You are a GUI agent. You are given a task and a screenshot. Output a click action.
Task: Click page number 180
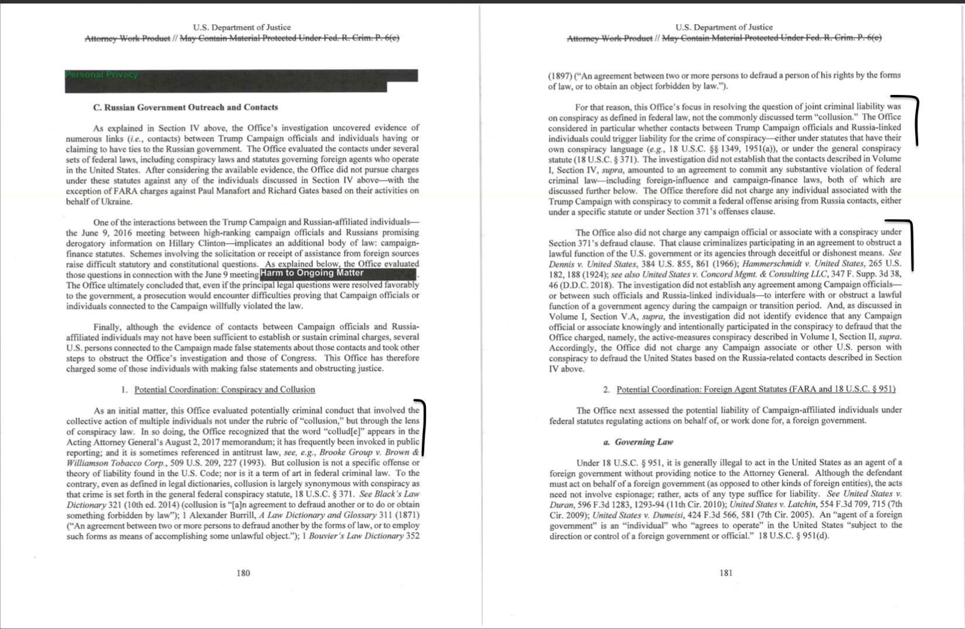(x=243, y=573)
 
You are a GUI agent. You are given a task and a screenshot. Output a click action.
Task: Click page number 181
(x=726, y=573)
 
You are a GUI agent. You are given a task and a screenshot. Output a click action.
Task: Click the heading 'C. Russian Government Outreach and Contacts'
(x=186, y=107)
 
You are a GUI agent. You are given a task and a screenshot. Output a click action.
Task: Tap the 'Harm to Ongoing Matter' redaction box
(x=338, y=274)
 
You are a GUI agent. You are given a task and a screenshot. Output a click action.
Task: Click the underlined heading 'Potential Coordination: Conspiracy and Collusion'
(x=224, y=389)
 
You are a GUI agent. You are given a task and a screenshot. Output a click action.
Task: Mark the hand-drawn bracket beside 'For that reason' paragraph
(x=915, y=120)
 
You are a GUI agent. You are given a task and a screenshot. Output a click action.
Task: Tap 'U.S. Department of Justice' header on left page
(x=242, y=27)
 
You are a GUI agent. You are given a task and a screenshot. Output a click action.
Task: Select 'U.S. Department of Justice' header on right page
(x=724, y=27)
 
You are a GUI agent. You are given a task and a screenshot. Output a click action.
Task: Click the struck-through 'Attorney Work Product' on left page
(x=127, y=38)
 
